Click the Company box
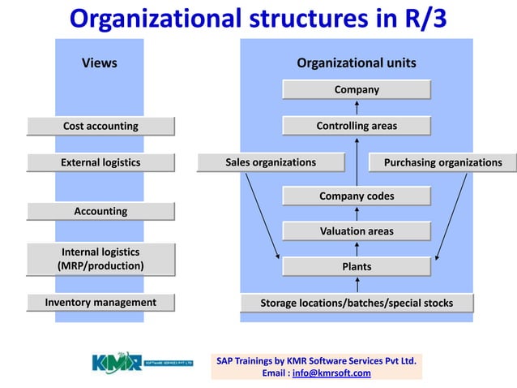point(357,89)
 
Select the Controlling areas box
point(357,126)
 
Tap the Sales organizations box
point(271,162)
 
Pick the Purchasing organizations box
point(442,162)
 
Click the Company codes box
point(357,196)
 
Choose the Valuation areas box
point(357,231)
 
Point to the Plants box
point(357,266)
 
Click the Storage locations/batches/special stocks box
point(357,303)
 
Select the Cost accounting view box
point(100,126)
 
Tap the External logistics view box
point(100,162)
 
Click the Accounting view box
point(100,211)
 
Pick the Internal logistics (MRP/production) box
point(100,259)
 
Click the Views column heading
point(100,63)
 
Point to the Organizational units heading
point(357,63)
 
